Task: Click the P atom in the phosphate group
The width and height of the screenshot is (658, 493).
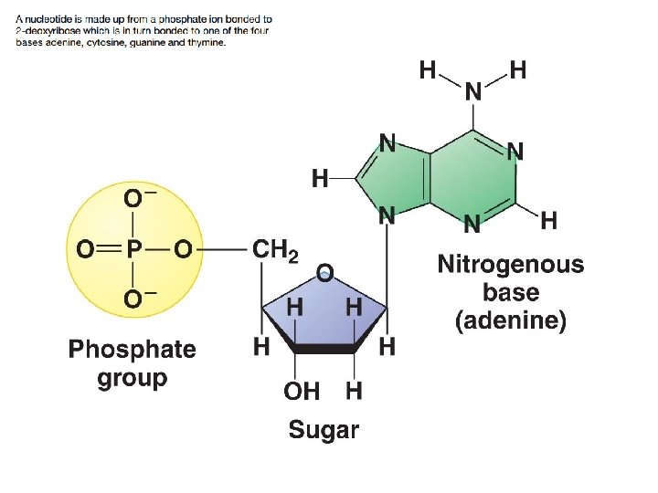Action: point(133,249)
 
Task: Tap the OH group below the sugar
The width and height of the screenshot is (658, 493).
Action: point(302,392)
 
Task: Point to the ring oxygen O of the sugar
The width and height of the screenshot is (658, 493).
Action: point(324,272)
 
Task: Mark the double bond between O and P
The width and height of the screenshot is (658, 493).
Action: point(107,249)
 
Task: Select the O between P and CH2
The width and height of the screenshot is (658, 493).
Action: point(184,249)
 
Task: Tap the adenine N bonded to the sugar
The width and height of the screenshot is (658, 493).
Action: point(387,216)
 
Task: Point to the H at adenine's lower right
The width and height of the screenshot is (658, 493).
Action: point(549,219)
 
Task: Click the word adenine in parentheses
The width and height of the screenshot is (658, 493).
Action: point(511,321)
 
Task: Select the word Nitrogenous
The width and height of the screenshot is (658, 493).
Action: point(510,265)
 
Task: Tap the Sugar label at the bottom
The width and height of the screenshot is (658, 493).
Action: point(324,430)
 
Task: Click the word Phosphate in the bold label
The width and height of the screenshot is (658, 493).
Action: point(133,349)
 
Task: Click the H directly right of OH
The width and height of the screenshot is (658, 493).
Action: point(353,392)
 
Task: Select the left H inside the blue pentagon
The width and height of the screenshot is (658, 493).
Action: point(295,309)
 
